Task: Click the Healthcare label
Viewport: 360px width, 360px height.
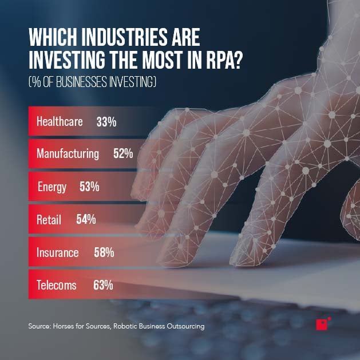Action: [60, 121]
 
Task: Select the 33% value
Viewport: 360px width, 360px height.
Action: [106, 121]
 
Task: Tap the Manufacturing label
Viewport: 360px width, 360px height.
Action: [68, 154]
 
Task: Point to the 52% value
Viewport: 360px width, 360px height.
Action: [123, 154]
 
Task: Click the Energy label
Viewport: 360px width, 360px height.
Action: [52, 187]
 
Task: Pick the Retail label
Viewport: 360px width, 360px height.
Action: [49, 219]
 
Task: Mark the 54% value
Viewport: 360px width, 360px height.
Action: [86, 219]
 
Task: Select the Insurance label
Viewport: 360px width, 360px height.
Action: [57, 252]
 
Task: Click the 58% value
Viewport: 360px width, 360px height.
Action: [104, 252]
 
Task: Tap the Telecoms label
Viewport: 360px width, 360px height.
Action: [56, 285]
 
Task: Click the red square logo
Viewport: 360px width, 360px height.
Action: [321, 325]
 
